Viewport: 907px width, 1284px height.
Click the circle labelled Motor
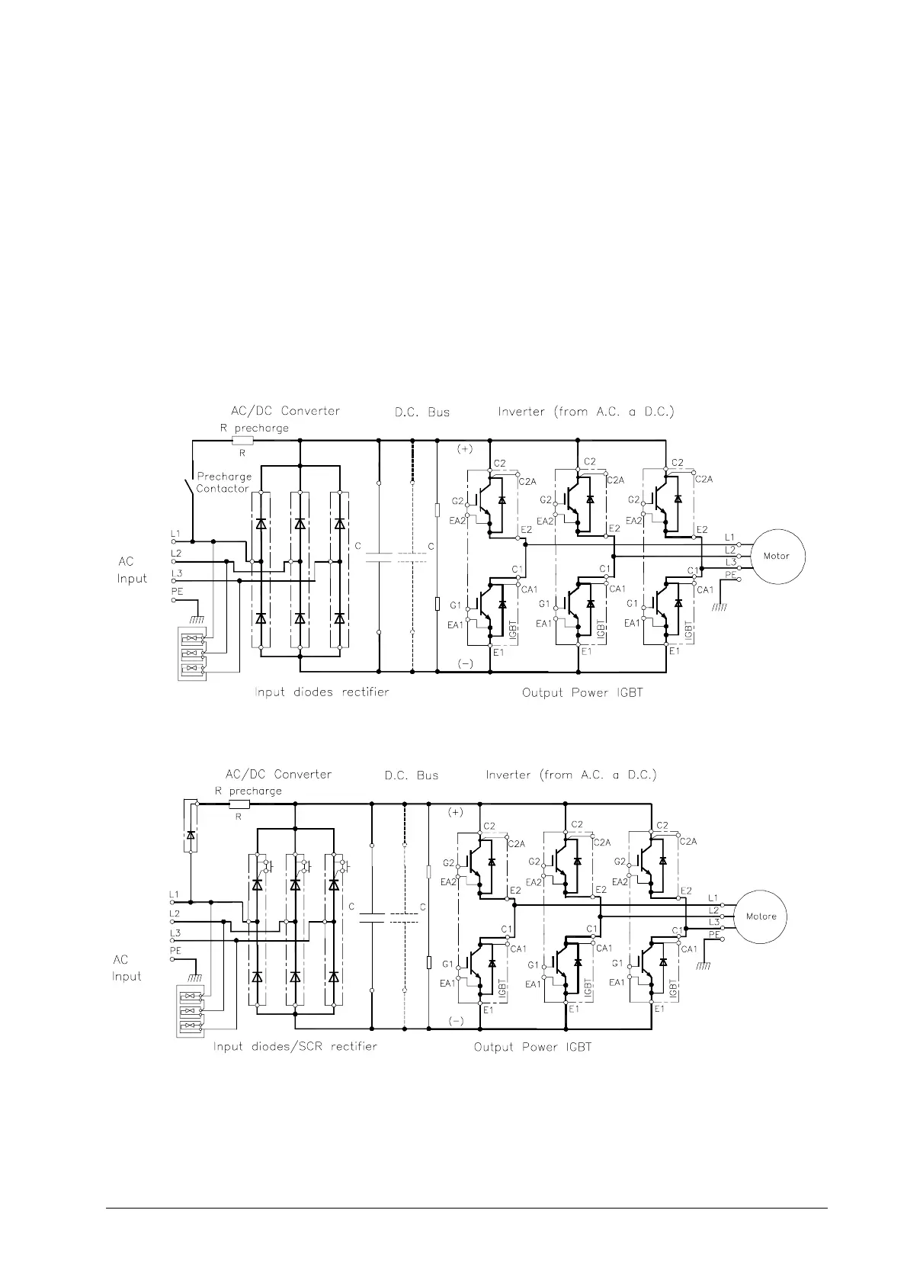tap(777, 556)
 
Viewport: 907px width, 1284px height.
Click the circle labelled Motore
tap(761, 916)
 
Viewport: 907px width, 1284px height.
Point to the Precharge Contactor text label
tap(223, 482)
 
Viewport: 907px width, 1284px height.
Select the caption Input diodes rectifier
tap(322, 692)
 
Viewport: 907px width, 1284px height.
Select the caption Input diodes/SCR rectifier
tap(295, 1047)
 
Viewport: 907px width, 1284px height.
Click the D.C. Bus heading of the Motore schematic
tap(411, 775)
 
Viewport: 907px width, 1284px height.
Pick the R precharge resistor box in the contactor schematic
tap(242, 440)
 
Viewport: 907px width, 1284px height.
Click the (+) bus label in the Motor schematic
tap(465, 449)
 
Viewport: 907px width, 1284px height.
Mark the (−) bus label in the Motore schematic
tap(456, 1021)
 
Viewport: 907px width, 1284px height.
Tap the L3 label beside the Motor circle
tap(730, 562)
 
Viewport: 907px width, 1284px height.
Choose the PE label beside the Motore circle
tap(714, 933)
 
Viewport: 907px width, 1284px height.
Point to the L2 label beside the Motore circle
tap(714, 910)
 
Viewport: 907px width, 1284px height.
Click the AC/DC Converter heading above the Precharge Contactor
tap(285, 411)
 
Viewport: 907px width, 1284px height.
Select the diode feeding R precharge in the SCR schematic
tap(191, 835)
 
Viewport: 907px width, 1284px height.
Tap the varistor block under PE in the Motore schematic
tap(189, 1012)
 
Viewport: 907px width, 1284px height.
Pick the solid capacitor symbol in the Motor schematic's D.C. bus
tap(379, 557)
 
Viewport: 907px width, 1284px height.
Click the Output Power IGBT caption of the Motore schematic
tap(532, 1047)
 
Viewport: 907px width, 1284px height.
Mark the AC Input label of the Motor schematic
tap(131, 570)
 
